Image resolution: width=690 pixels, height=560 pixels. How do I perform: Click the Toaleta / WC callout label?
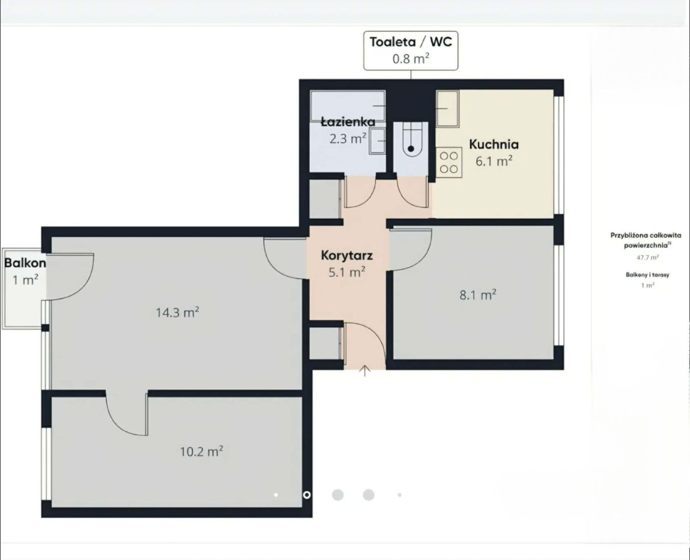coord(410,42)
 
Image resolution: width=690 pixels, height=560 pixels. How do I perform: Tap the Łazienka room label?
coord(348,121)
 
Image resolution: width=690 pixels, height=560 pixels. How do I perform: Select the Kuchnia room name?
coord(494,144)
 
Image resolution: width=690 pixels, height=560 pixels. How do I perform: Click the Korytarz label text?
coord(347,256)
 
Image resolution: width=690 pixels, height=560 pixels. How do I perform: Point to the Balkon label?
coord(25,263)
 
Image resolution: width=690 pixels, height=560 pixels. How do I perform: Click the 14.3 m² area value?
coord(177,313)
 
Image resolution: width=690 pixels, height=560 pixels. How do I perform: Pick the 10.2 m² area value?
coord(201,452)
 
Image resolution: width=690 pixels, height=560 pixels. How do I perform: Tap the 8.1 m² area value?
coord(478,295)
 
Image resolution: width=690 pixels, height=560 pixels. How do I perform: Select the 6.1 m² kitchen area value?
coord(494,162)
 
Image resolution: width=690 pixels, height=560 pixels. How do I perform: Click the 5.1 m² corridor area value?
coord(347,272)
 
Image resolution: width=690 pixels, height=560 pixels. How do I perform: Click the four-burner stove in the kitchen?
coord(449,162)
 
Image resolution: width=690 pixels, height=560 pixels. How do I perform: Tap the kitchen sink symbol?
coord(448,108)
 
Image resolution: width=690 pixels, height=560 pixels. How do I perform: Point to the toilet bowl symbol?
coord(410,140)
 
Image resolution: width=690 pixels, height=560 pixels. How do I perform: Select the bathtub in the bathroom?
coord(348,106)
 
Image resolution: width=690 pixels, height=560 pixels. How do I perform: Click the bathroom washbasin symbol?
coord(378,141)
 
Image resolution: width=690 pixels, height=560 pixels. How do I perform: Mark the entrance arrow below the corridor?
coord(365,371)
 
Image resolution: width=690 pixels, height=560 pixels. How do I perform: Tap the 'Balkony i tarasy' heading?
coord(647,275)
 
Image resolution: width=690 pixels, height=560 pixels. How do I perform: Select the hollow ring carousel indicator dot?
coord(306,495)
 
